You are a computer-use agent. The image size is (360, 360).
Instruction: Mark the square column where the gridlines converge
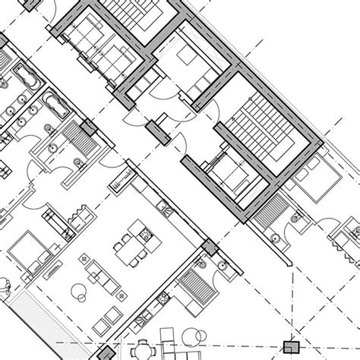click(x=289, y=348)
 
